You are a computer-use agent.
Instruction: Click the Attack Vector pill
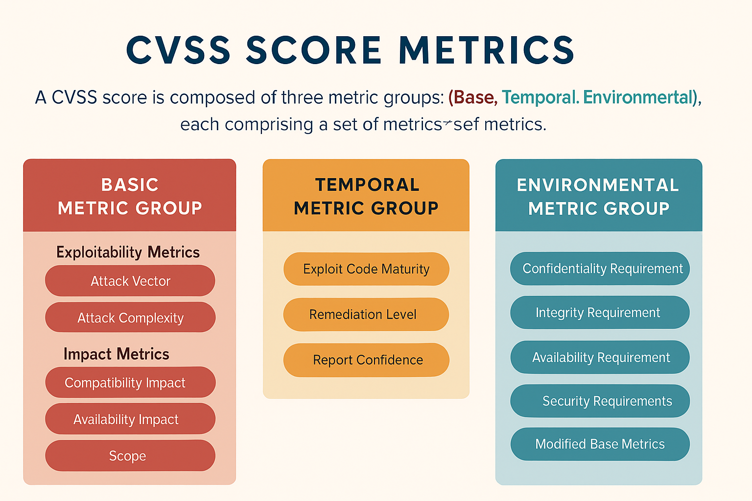point(130,280)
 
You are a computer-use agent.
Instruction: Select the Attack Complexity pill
point(130,317)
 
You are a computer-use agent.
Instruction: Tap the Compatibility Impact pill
point(130,382)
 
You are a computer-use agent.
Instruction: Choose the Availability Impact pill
point(130,419)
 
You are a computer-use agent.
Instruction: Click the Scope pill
point(130,455)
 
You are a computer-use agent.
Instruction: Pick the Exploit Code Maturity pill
point(366,269)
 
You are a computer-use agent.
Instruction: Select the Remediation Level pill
point(366,315)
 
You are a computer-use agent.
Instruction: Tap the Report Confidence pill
point(366,360)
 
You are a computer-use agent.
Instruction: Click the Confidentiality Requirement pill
point(600,269)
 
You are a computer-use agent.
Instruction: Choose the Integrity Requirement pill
point(600,312)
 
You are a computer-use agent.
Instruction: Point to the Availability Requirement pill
point(600,357)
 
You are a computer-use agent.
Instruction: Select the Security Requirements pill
point(600,401)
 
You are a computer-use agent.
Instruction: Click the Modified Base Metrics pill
point(600,444)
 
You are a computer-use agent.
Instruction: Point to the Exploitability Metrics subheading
point(128,252)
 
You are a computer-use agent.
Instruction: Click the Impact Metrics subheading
point(116,354)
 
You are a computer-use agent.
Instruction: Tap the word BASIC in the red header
point(130,185)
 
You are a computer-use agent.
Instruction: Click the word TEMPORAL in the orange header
point(367,185)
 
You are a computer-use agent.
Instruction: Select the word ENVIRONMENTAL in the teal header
point(598,185)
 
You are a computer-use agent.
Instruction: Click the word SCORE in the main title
point(314,50)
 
